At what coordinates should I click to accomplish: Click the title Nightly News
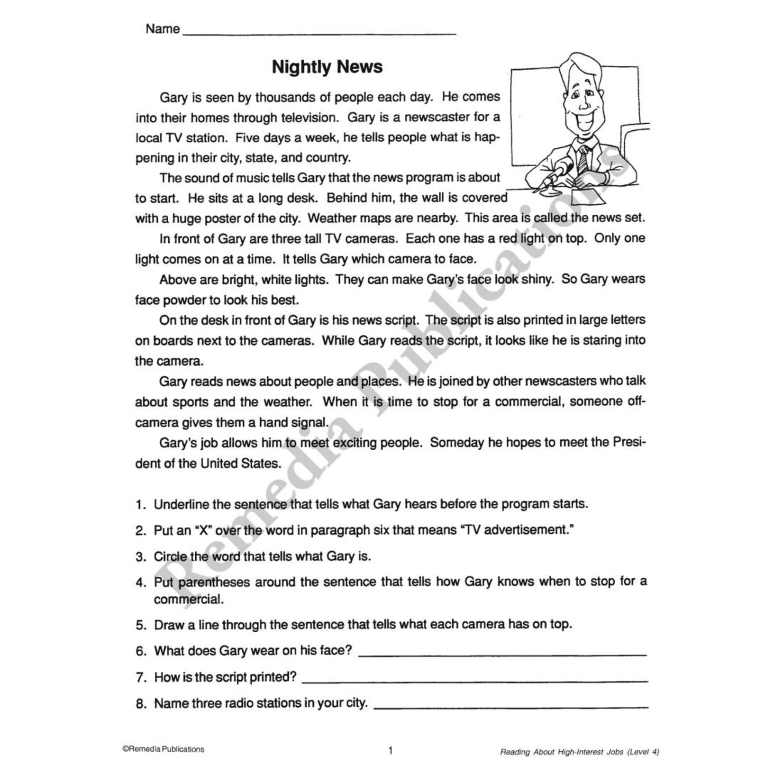(327, 67)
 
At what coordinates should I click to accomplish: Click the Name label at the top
(163, 29)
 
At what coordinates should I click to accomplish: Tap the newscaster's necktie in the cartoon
(583, 159)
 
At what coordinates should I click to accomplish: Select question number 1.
(141, 505)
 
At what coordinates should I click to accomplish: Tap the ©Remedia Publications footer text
(163, 749)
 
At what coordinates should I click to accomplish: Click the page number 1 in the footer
(391, 750)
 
